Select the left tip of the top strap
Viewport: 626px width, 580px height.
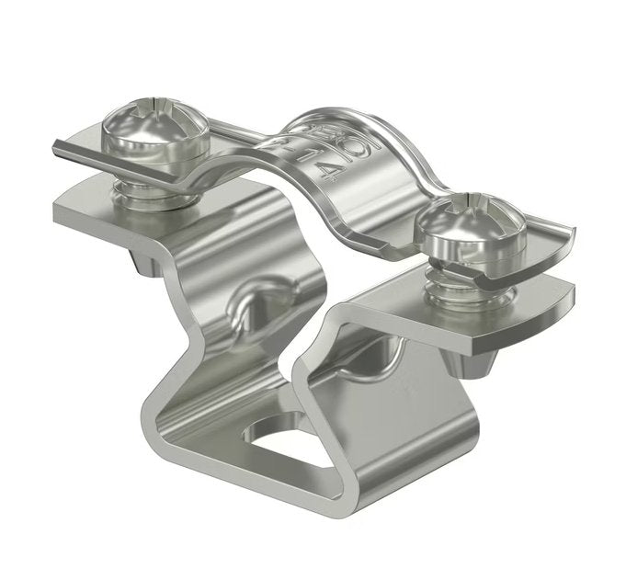point(57,144)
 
